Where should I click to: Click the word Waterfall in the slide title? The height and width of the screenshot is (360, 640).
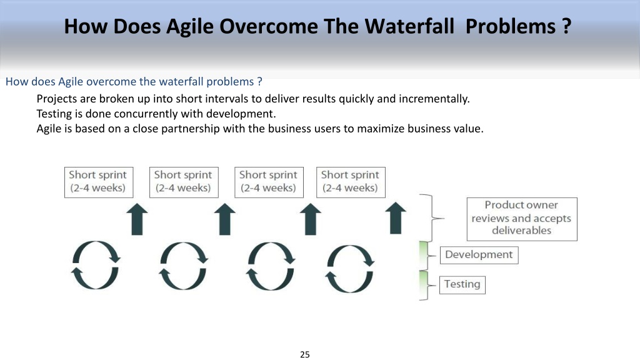pyautogui.click(x=409, y=26)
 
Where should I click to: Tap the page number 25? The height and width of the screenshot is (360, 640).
pyautogui.click(x=305, y=354)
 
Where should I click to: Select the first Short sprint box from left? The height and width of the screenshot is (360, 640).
pyautogui.click(x=99, y=182)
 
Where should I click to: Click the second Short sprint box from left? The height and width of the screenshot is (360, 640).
pyautogui.click(x=184, y=182)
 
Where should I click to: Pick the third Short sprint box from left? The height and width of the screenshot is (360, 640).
pyautogui.click(x=269, y=182)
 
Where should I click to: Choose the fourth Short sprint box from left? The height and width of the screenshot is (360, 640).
pyautogui.click(x=351, y=182)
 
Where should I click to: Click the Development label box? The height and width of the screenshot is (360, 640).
pyautogui.click(x=479, y=255)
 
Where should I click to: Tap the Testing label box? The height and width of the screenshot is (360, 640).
pyautogui.click(x=462, y=284)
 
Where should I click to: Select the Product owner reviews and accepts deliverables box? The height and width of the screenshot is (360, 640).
pyautogui.click(x=522, y=219)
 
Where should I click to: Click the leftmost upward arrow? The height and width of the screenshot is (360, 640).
pyautogui.click(x=137, y=219)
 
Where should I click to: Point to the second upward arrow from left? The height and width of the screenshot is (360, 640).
pyautogui.click(x=225, y=219)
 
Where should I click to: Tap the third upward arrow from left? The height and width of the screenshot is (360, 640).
pyautogui.click(x=311, y=219)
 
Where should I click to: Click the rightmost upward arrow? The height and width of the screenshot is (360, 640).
pyautogui.click(x=396, y=218)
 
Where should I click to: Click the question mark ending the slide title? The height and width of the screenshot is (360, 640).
pyautogui.click(x=566, y=26)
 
